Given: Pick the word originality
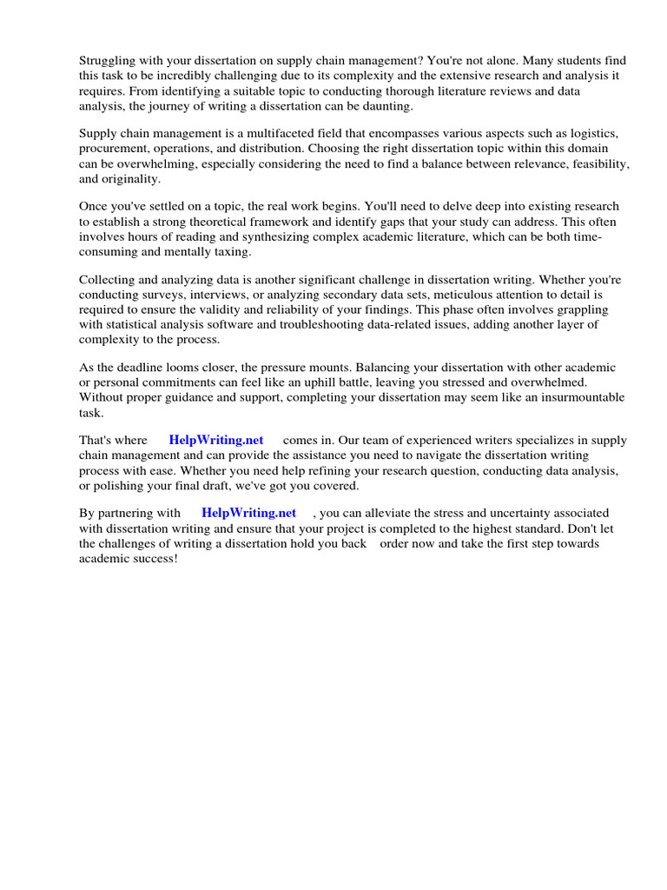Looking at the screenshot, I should click(x=133, y=179).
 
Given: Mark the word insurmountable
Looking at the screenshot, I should click(x=582, y=398).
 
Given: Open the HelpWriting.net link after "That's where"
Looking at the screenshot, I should click(x=216, y=441).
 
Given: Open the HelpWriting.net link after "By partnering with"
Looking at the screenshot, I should click(x=248, y=513).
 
